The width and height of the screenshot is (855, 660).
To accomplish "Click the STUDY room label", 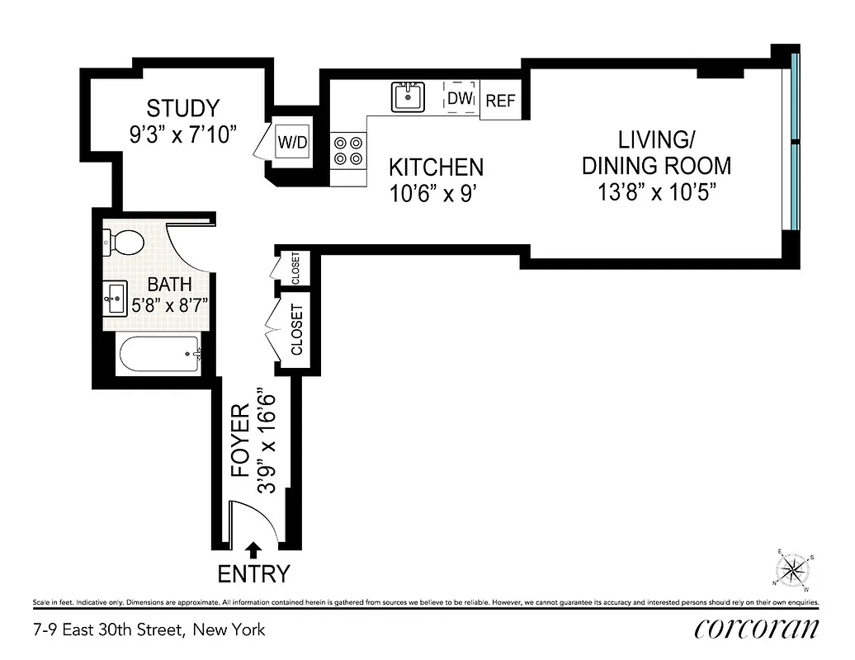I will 183,109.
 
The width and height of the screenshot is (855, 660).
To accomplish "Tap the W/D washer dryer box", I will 291,142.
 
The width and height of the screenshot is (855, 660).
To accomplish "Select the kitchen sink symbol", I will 408,97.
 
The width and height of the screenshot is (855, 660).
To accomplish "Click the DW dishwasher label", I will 460,99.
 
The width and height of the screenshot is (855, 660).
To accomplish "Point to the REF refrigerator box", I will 500,101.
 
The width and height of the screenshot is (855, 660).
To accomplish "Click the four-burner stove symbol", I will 347,149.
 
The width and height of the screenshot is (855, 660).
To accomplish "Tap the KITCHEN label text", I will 436,167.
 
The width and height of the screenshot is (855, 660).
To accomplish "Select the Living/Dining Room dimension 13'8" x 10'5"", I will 656,191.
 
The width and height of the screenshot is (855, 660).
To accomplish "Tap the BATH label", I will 171,285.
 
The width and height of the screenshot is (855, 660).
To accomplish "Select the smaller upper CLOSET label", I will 295,267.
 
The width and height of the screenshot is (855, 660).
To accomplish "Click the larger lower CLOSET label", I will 296,330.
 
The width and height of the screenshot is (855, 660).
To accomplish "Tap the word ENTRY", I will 253,573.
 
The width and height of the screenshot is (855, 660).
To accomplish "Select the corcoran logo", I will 757,629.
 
